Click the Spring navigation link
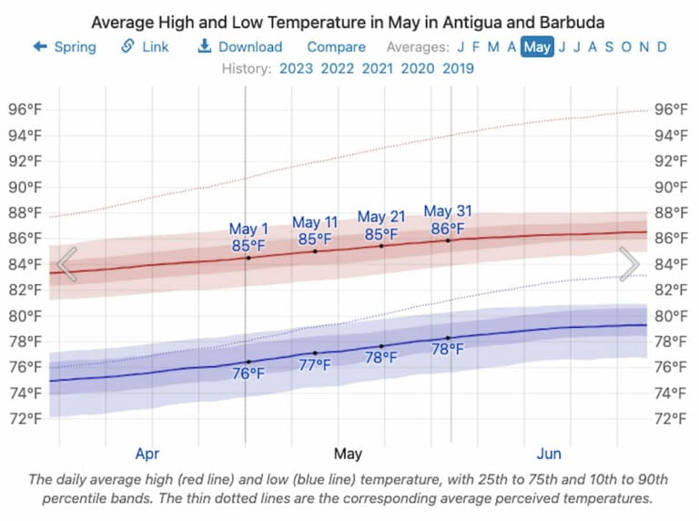point(65,46)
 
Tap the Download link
point(240,46)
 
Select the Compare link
point(336,46)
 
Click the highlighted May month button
point(537,46)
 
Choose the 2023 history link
point(297,68)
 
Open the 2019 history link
point(458,68)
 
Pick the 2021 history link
point(378,68)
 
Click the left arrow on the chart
point(66,265)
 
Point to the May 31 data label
point(448,212)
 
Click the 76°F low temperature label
point(248,373)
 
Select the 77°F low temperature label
point(315,365)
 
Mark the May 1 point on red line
point(248,258)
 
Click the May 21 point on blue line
point(381,346)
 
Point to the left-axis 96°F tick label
point(25,109)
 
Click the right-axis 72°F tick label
point(674,419)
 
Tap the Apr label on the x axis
point(147,454)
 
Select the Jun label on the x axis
point(549,454)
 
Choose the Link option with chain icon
point(146,46)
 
